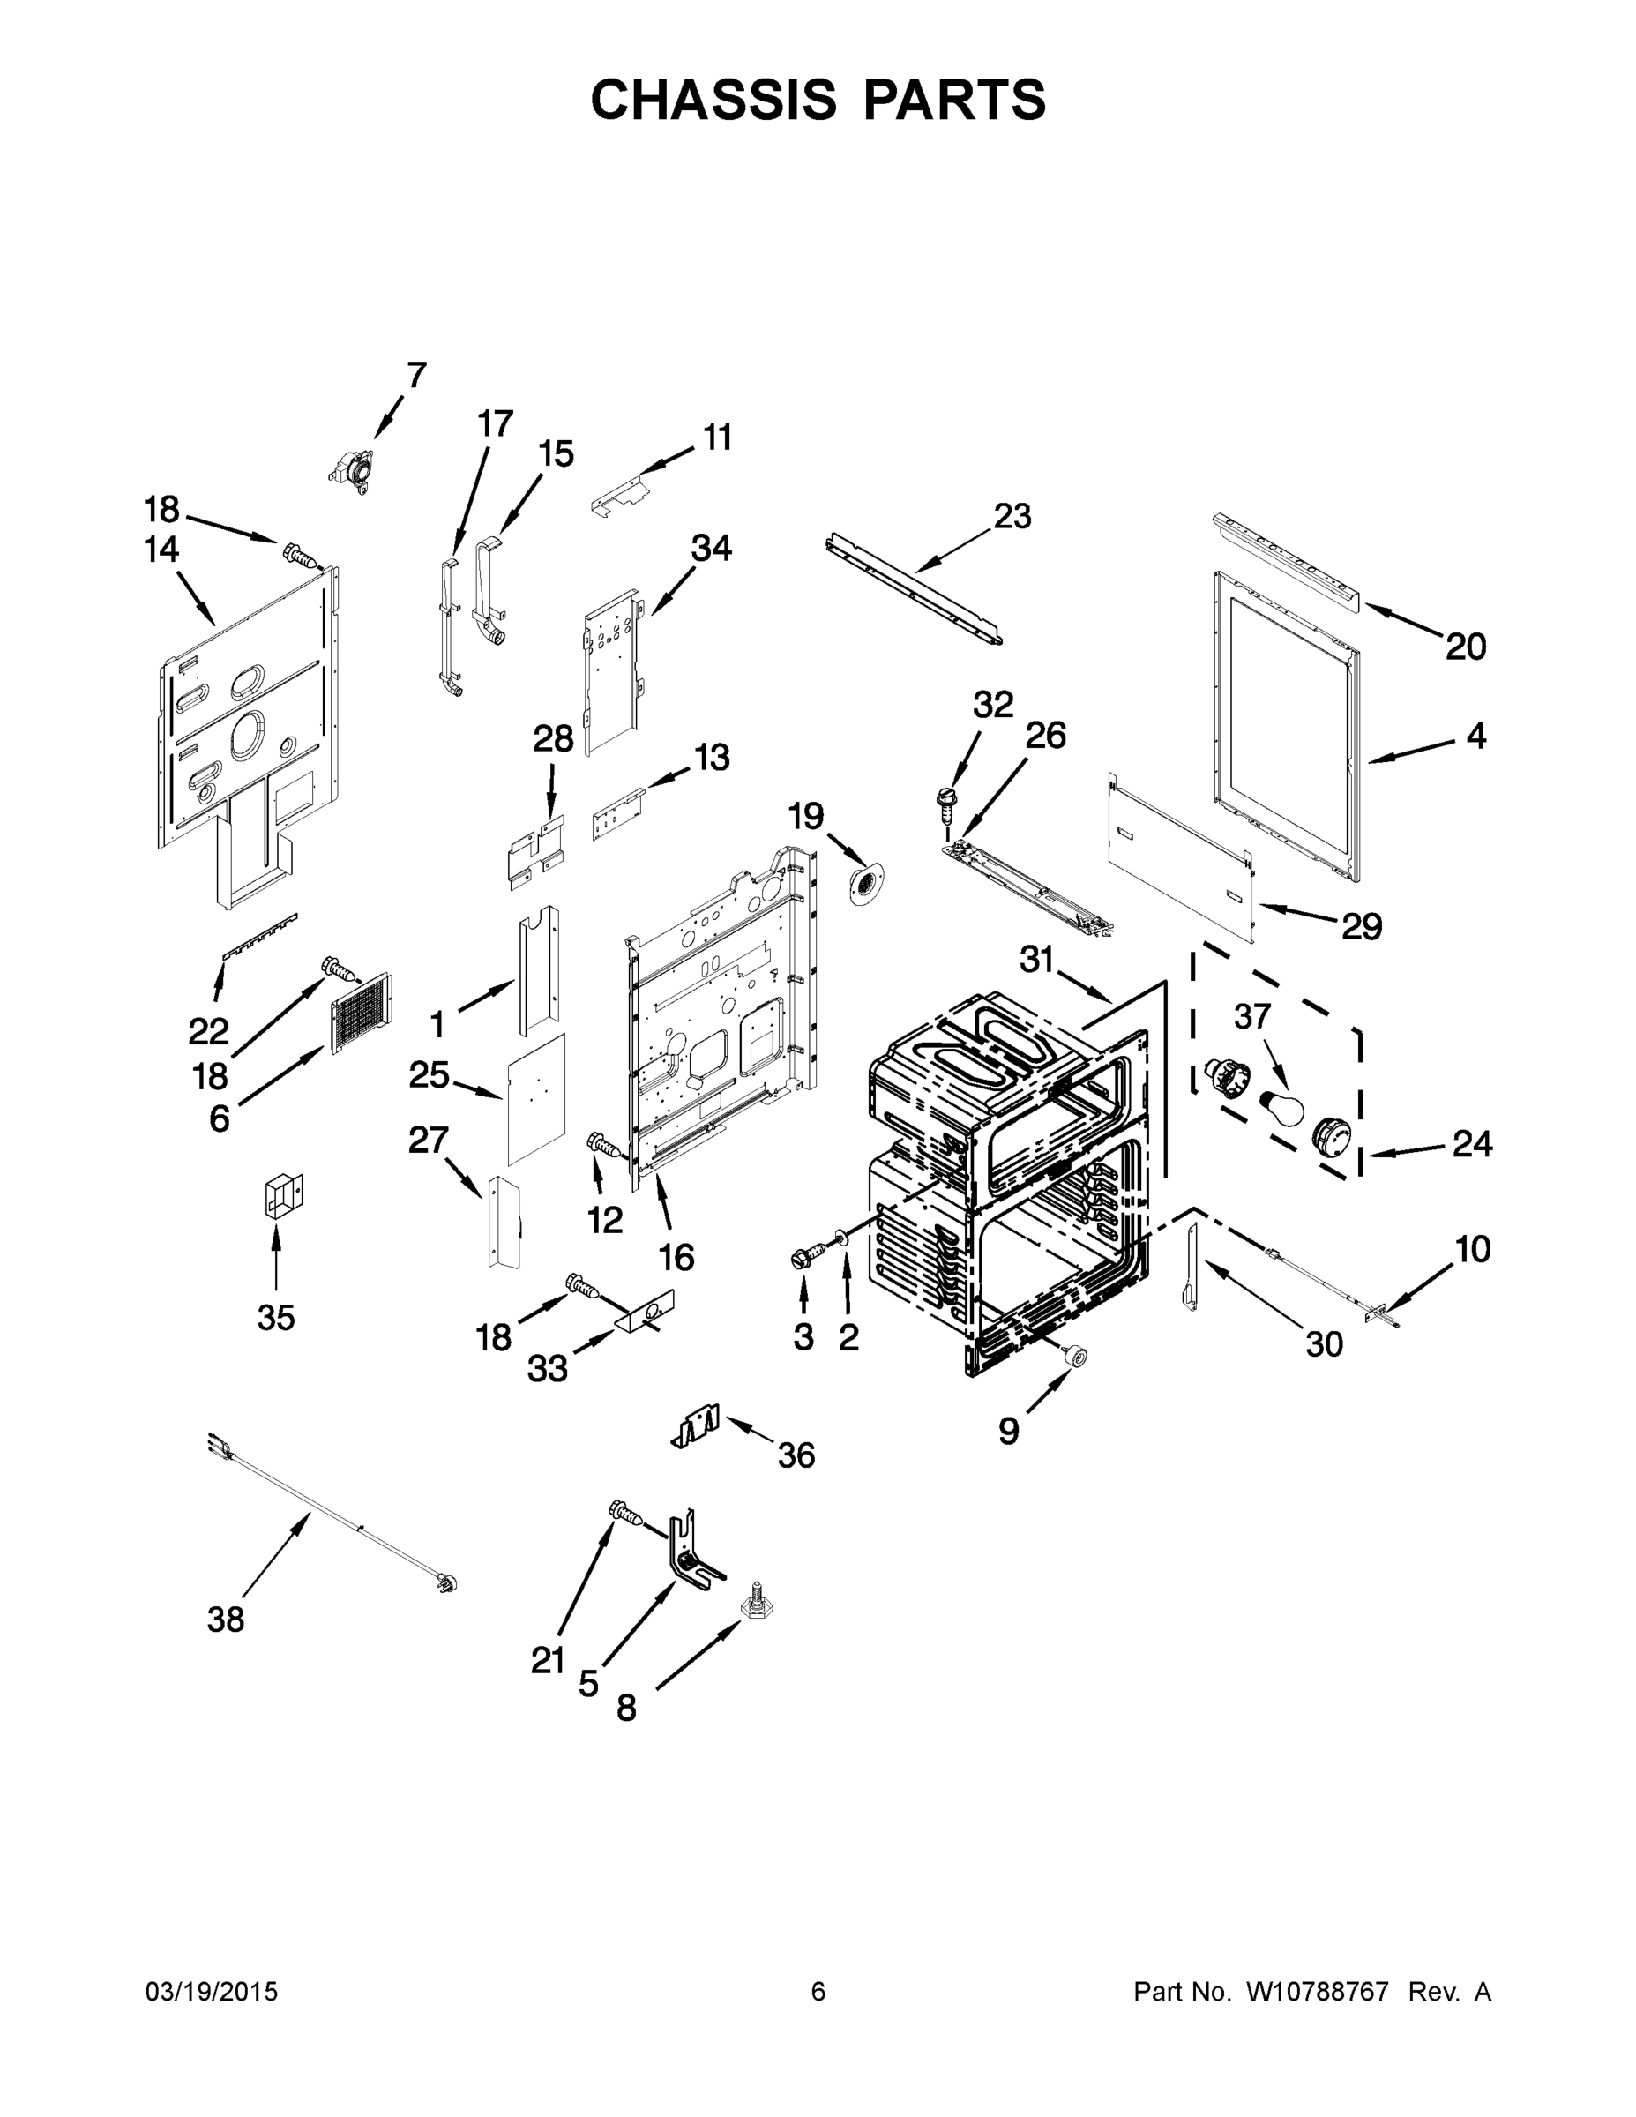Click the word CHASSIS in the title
point(713,100)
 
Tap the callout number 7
point(415,375)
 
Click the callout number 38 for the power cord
point(226,1619)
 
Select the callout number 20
point(1466,647)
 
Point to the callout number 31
point(1036,960)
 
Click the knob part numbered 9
point(1074,1357)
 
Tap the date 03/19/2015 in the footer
point(212,1991)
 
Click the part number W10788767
point(1317,1991)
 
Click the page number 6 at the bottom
point(818,1991)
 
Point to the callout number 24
point(1471,1144)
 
